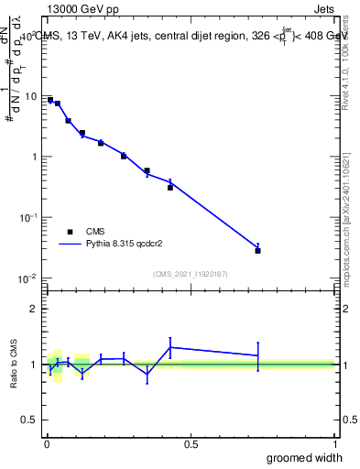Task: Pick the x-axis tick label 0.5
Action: pos(191,443)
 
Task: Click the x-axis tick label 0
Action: pos(47,443)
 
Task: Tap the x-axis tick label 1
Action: pos(334,443)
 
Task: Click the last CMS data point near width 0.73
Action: pos(258,250)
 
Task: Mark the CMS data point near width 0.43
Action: pos(170,187)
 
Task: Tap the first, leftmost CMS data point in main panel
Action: pos(50,100)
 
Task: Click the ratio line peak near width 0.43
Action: pos(170,347)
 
